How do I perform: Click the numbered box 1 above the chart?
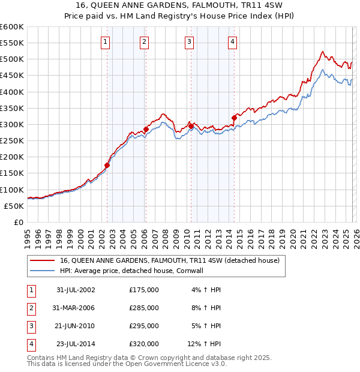click(106, 41)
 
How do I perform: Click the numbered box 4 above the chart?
click(232, 41)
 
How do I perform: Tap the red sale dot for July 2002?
click(107, 165)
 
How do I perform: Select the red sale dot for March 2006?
click(146, 130)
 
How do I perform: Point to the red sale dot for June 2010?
click(191, 126)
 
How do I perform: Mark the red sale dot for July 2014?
click(234, 118)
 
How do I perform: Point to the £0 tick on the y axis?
click(19, 222)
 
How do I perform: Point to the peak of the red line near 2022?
click(322, 52)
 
